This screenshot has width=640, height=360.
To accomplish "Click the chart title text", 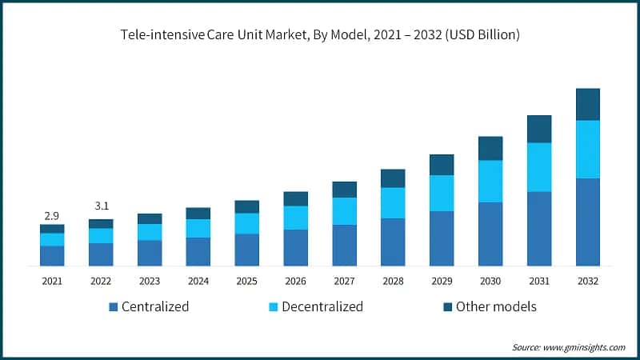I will [x=320, y=35].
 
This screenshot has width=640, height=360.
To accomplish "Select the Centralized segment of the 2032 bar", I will [x=588, y=222].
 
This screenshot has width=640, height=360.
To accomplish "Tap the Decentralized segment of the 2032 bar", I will [x=588, y=149].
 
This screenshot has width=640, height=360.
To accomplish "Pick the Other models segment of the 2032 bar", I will [x=588, y=104].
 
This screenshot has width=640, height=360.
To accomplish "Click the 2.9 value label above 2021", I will [x=52, y=216].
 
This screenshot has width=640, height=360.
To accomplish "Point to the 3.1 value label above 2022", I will [x=101, y=207].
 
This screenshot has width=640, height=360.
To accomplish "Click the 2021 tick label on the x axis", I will [x=52, y=281].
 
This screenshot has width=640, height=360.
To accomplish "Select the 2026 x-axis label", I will [x=295, y=281].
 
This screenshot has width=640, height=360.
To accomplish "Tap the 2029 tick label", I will [x=442, y=281].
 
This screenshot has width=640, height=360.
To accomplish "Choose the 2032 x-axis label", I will [x=588, y=281].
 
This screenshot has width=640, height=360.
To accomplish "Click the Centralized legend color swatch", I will [x=113, y=307].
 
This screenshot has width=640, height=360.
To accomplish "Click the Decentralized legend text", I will [x=323, y=307].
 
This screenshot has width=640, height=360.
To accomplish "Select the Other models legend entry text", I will [x=496, y=307].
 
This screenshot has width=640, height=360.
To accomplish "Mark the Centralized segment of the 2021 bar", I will [x=52, y=255].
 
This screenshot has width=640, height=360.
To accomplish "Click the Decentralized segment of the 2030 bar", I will [x=490, y=181].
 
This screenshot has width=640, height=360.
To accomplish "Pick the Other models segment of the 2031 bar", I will [x=539, y=129].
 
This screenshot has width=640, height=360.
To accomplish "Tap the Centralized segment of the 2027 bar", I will [x=344, y=245].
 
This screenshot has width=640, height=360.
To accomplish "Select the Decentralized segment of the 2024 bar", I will [x=198, y=228].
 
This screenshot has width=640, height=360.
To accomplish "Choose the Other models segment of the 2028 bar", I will [x=393, y=178].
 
